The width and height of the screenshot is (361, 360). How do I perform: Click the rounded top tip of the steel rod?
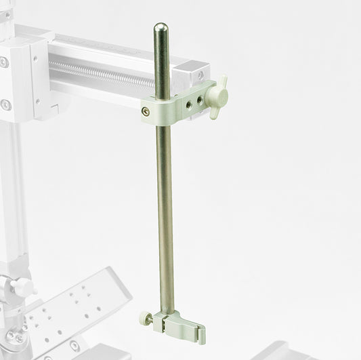(161, 28)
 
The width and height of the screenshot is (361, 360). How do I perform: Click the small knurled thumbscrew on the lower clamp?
(144, 315)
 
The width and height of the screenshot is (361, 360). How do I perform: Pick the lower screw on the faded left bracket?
(6, 104)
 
